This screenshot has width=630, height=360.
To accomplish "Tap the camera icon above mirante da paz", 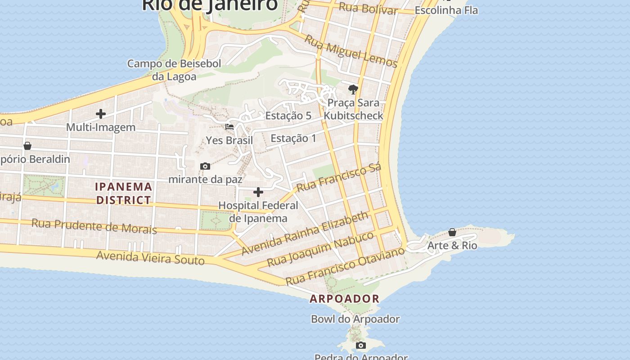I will [x=205, y=166].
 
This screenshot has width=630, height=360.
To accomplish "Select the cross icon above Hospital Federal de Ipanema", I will [x=258, y=193].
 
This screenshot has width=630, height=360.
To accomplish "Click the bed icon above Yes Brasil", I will [x=229, y=127].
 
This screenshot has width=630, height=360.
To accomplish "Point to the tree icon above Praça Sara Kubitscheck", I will [x=353, y=89].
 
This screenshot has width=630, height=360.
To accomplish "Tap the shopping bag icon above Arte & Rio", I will [x=452, y=232].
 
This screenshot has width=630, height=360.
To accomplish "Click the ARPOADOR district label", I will [x=345, y=298].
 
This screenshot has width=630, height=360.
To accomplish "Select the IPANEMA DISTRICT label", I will [x=124, y=193].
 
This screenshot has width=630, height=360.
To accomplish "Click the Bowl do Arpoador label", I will [x=355, y=319].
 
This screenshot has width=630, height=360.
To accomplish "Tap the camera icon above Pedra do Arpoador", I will [x=361, y=346].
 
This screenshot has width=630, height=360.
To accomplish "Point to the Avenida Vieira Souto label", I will [x=150, y=258].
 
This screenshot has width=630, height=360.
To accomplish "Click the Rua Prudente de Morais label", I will [x=94, y=226].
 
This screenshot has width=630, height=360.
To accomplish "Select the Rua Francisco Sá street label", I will [x=339, y=177].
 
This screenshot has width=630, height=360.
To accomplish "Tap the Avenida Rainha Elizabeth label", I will [x=305, y=234].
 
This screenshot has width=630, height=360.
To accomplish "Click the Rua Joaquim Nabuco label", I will [x=320, y=248].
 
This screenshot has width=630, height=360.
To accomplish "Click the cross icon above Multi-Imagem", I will [x=101, y=113].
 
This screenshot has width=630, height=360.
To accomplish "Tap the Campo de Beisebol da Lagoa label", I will [x=174, y=70].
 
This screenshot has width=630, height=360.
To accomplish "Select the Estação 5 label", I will [x=288, y=116].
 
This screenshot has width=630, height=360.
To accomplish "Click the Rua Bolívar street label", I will [x=368, y=8].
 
